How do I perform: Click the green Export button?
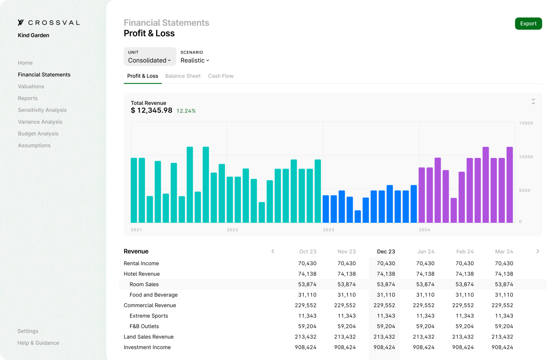(x=528, y=24)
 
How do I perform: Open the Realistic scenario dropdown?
(x=195, y=60)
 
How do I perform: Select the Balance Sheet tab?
(x=183, y=76)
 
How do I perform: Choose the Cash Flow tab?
(x=221, y=76)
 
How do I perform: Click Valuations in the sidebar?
(x=31, y=86)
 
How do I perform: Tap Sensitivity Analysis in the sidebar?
(x=42, y=110)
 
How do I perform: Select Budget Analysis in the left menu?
(x=38, y=134)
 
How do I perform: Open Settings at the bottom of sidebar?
(x=28, y=331)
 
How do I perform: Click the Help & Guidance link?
(x=38, y=343)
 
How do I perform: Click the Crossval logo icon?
(x=21, y=23)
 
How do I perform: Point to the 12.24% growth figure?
(x=186, y=111)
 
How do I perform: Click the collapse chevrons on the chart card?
(x=533, y=102)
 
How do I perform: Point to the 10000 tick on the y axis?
(x=526, y=157)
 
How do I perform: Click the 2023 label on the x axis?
(x=328, y=230)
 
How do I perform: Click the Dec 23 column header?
(x=386, y=252)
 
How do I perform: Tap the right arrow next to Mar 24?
(x=538, y=251)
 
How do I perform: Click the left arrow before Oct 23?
(x=273, y=251)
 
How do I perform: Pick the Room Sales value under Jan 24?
(x=425, y=284)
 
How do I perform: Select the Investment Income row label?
(x=147, y=347)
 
